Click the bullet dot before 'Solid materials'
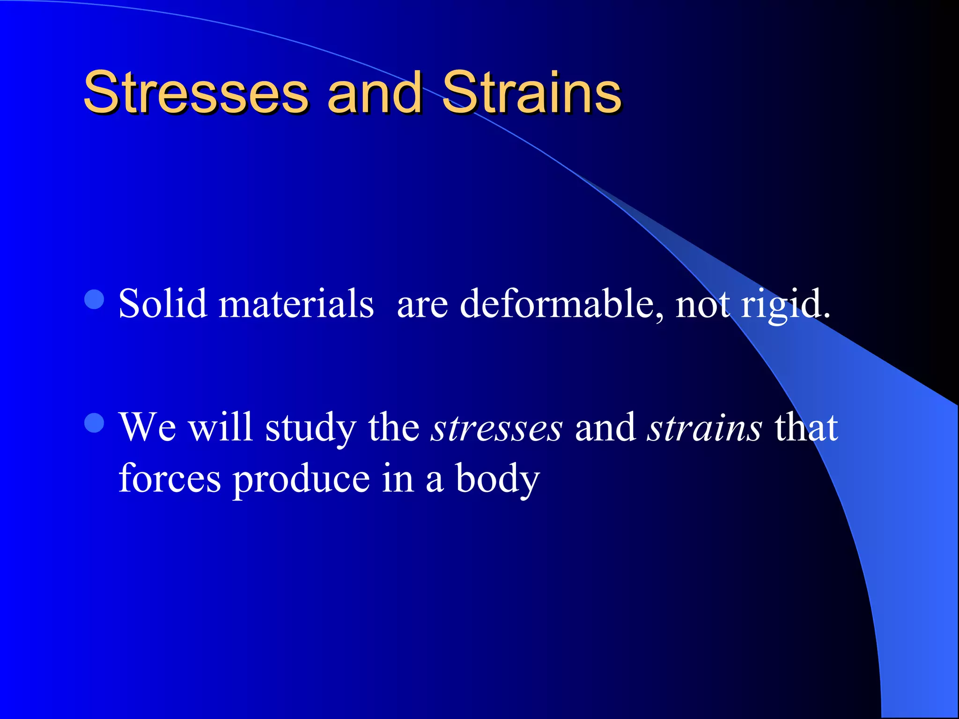click(x=95, y=300)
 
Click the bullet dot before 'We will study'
click(x=95, y=423)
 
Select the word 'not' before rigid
click(x=702, y=304)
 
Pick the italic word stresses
click(x=496, y=428)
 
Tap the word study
click(x=310, y=428)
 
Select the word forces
click(x=170, y=478)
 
